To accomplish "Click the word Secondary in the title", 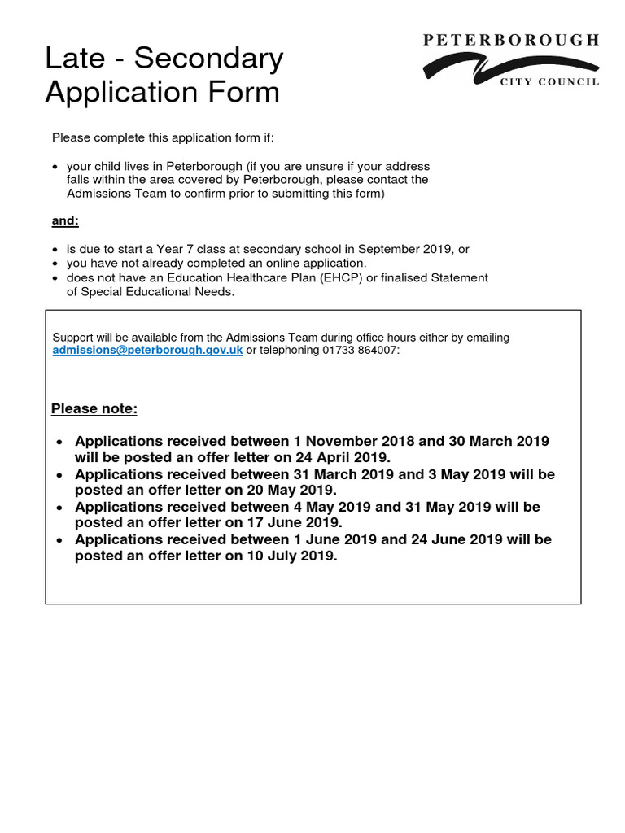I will (208, 59).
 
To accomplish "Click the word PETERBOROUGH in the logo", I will (511, 40).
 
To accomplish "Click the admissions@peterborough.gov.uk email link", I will (147, 351).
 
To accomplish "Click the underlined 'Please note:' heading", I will (94, 408).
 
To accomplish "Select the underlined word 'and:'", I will (65, 220).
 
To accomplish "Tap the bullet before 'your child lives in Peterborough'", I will (55, 167).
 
